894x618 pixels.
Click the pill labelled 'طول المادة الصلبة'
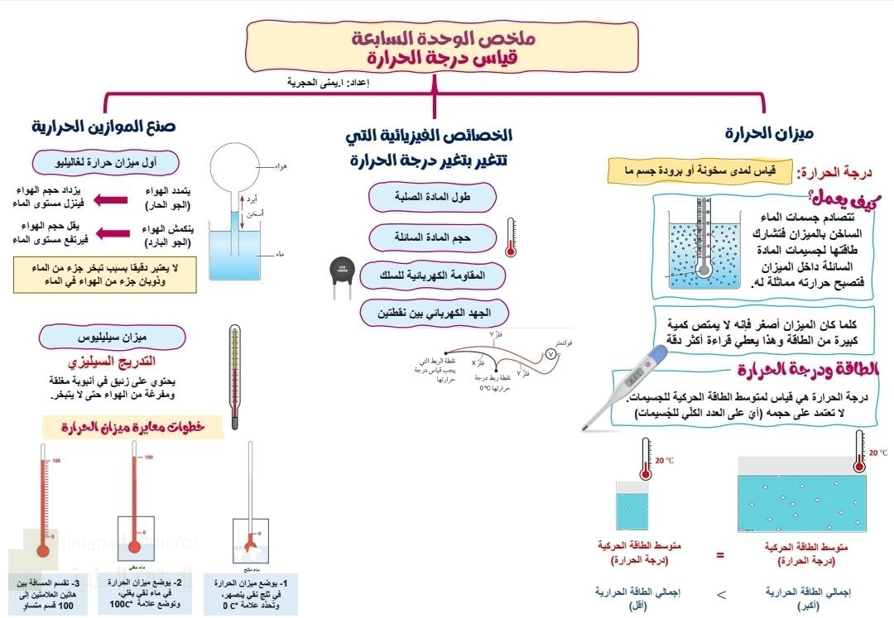point(433,197)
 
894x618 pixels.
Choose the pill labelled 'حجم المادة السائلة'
point(433,237)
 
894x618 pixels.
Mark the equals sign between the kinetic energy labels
point(719,555)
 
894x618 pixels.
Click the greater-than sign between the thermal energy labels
point(719,592)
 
